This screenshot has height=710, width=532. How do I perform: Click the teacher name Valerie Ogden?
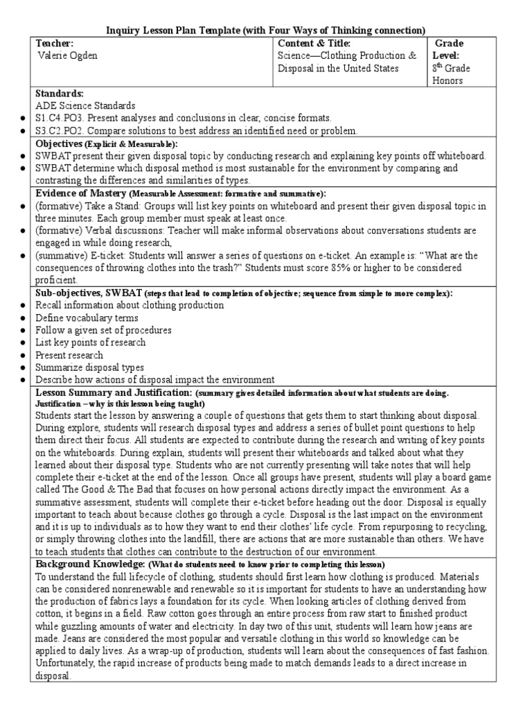(x=68, y=56)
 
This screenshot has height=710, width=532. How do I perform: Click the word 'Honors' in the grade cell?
(x=447, y=80)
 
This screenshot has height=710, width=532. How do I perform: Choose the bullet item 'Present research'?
(x=70, y=355)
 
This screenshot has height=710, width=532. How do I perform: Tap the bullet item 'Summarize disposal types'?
(x=90, y=367)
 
